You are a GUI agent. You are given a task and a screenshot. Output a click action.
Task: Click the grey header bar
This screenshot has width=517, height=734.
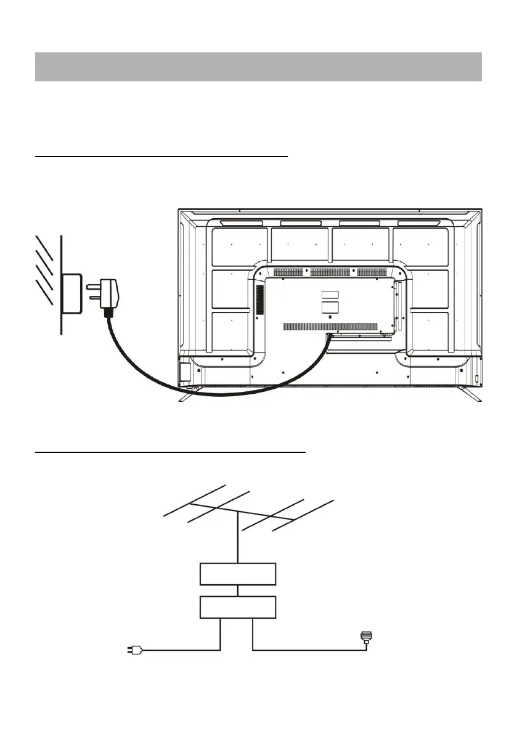point(258,67)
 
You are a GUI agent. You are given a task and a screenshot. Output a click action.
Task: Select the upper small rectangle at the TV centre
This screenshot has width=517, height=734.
point(330,295)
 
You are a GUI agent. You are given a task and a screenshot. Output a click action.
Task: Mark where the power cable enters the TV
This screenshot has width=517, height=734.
point(329,336)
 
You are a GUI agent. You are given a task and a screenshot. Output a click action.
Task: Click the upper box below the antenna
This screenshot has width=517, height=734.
point(238,574)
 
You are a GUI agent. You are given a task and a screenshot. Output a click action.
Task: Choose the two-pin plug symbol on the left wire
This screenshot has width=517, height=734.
point(135,650)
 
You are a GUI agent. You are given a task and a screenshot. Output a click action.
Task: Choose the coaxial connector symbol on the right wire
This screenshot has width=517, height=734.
point(367,639)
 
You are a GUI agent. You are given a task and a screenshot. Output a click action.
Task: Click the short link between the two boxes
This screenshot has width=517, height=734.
point(238,591)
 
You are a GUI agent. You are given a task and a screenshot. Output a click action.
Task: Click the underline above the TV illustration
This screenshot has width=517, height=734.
point(162,157)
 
